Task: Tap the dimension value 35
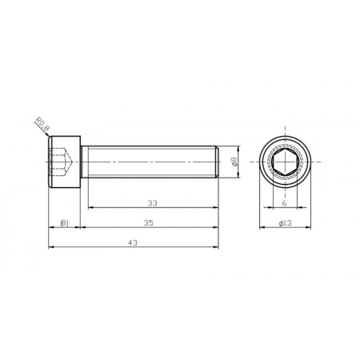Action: (x=150, y=223)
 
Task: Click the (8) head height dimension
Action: (x=65, y=223)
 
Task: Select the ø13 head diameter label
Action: (x=285, y=223)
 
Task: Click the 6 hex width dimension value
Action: (x=285, y=203)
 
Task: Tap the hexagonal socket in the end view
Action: (x=285, y=162)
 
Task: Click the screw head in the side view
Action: (x=65, y=162)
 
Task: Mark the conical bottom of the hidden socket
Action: (x=73, y=167)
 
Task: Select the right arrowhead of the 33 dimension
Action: (x=216, y=207)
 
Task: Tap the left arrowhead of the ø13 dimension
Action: (x=261, y=229)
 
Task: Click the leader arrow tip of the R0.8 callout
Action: (x=51, y=138)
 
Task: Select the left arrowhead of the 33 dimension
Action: (x=86, y=207)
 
